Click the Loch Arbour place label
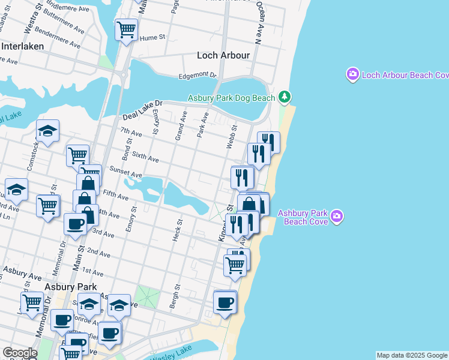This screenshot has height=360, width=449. (x=223, y=55)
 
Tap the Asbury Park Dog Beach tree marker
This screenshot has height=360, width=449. (x=285, y=97)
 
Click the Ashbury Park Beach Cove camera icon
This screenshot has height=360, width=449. (x=337, y=215)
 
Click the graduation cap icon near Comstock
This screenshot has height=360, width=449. (x=48, y=130)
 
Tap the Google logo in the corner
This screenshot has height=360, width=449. (x=20, y=353)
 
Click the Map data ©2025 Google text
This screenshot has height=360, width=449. (x=412, y=355)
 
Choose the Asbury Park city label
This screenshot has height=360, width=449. (x=62, y=287)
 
